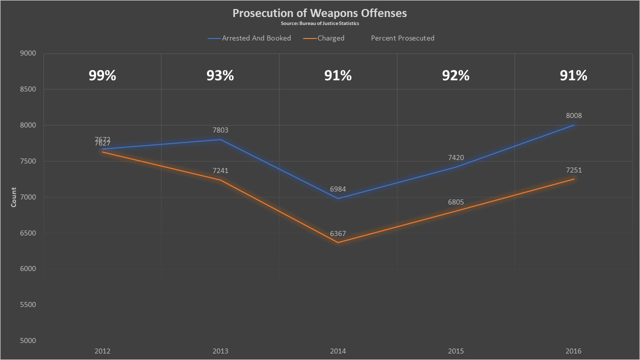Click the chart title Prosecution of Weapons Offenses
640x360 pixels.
(x=319, y=13)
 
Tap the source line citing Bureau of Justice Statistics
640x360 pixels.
(x=319, y=23)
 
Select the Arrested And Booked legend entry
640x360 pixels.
(x=256, y=38)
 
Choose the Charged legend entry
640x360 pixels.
(x=330, y=38)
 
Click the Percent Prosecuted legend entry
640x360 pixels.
(x=402, y=38)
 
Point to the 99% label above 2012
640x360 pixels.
(x=102, y=75)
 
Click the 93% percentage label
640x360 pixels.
(x=220, y=75)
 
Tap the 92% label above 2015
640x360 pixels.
(x=456, y=75)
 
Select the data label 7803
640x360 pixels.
(x=220, y=130)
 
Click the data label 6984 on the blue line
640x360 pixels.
(x=338, y=189)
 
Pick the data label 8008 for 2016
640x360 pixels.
(x=573, y=116)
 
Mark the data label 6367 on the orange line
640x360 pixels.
(x=338, y=234)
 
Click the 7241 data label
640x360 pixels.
(x=220, y=171)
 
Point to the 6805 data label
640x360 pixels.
(x=456, y=202)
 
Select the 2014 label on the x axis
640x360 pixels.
(x=338, y=351)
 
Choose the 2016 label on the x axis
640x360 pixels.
(x=573, y=351)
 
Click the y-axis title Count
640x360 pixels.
(x=14, y=197)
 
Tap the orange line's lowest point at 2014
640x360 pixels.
(x=338, y=242)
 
